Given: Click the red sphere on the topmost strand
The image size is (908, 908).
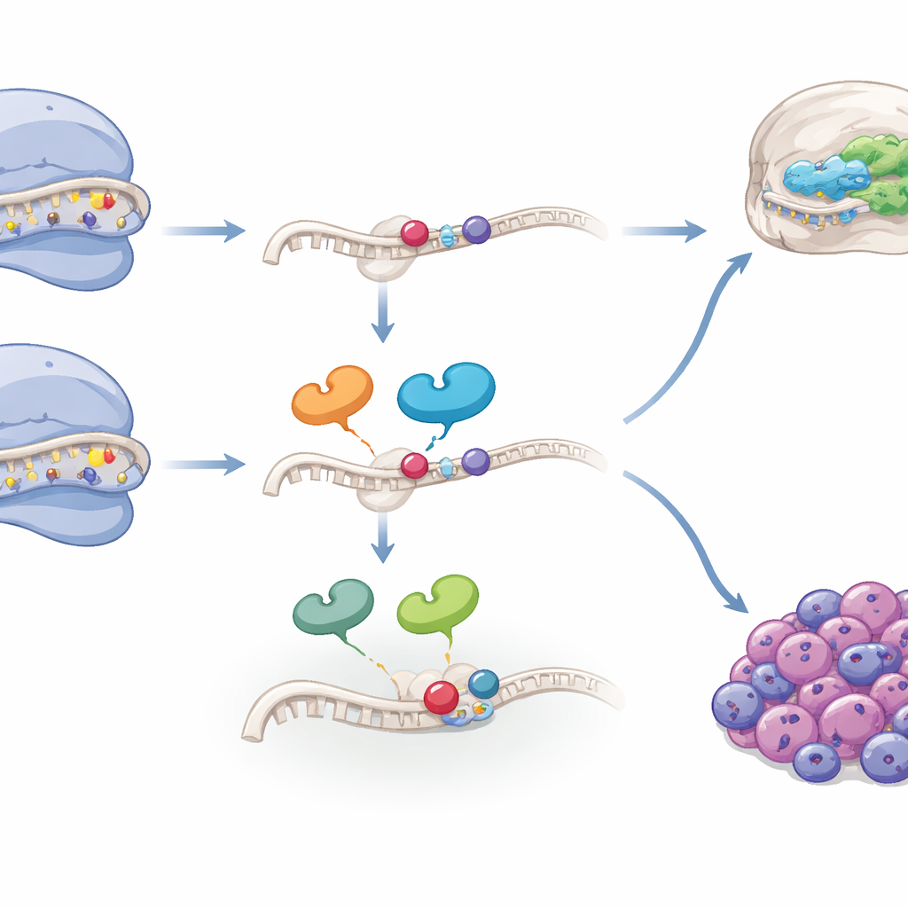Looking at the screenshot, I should click(x=414, y=232).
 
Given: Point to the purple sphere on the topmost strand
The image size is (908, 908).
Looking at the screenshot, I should click(x=476, y=230).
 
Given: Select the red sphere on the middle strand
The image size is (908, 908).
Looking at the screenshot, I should click(x=414, y=465).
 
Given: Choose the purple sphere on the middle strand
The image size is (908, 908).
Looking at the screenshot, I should click(x=476, y=461).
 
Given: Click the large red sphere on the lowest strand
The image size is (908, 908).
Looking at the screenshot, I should click(x=441, y=697).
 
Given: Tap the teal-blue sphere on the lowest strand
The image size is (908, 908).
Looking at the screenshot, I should click(x=483, y=683).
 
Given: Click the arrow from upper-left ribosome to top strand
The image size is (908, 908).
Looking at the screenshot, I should click(x=204, y=231).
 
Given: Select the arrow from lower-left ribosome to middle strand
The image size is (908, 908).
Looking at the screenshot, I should click(x=204, y=464).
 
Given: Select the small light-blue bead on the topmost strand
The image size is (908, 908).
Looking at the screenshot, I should click(x=447, y=233).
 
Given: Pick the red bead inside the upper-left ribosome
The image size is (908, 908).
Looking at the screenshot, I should click(x=109, y=201).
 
